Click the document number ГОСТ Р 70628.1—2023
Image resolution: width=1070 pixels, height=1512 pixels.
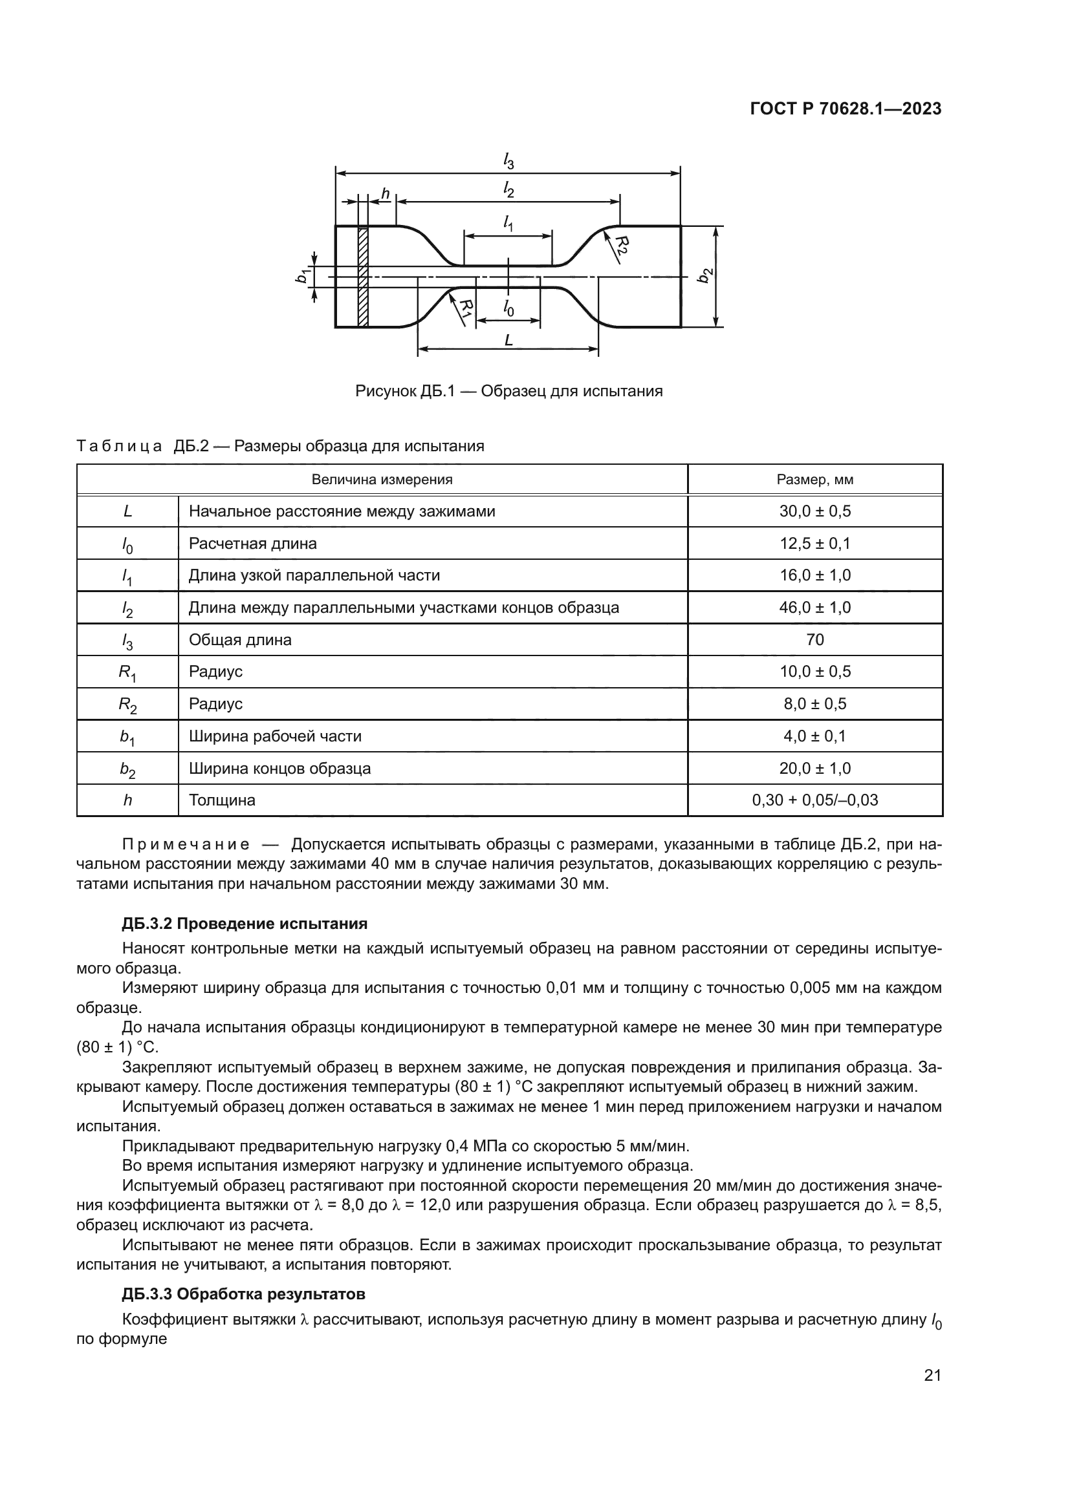click(846, 109)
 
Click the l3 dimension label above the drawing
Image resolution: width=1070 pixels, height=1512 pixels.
click(508, 161)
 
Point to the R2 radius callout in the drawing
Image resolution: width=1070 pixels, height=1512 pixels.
click(622, 245)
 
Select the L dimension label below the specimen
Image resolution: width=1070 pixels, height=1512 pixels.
click(508, 341)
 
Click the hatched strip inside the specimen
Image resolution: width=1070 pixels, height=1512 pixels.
click(362, 277)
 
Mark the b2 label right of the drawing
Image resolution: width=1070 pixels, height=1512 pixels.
click(705, 275)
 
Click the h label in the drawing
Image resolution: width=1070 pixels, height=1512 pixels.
click(386, 195)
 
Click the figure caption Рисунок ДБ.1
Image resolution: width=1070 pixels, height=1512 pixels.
click(508, 391)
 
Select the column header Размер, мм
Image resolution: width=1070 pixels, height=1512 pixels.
click(814, 480)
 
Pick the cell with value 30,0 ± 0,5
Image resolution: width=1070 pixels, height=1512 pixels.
click(814, 511)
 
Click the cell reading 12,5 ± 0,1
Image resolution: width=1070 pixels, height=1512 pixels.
click(814, 543)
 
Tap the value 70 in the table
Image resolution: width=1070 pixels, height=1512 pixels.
click(814, 639)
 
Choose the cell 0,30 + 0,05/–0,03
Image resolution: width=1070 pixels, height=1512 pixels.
click(814, 800)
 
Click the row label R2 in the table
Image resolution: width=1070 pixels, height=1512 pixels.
click(127, 705)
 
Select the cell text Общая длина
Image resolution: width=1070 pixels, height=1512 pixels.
click(240, 639)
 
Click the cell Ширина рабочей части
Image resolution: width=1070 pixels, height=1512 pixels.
click(275, 736)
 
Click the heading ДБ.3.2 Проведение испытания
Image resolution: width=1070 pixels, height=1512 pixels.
click(245, 924)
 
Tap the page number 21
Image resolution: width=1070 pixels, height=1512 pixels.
click(932, 1375)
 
